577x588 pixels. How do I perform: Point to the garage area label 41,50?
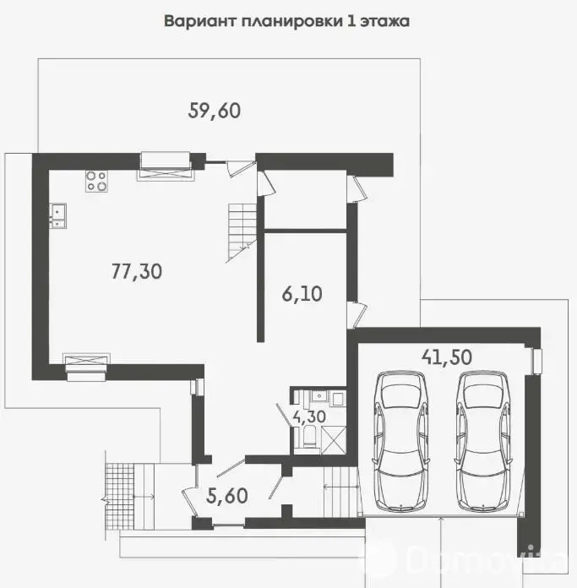tap(446, 357)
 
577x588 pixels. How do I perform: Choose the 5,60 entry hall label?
tap(226, 496)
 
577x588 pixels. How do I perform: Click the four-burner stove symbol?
tap(95, 181)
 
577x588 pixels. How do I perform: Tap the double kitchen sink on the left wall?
tap(57, 215)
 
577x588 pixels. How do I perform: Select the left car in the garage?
tap(401, 441)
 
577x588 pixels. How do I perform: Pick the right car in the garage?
tap(483, 441)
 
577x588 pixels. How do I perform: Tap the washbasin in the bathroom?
tap(319, 396)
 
